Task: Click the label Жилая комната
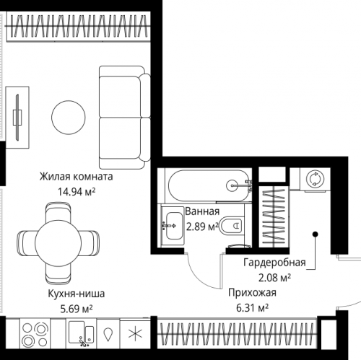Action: point(77,177)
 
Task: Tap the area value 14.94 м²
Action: point(77,192)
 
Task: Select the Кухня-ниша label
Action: point(77,294)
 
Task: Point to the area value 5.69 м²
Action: point(77,309)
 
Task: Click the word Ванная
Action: point(202,211)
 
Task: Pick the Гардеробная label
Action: point(274,263)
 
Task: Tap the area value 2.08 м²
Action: point(274,278)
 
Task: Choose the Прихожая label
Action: point(252,293)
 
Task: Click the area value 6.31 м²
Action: point(252,308)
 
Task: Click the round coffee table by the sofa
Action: point(69,118)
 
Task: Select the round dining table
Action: point(58,242)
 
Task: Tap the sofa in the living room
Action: point(125,118)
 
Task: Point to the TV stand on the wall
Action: point(17,118)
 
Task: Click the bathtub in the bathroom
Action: point(209,185)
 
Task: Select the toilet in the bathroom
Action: point(231,226)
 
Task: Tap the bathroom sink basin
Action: point(173,226)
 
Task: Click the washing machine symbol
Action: point(315,179)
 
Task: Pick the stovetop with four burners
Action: point(35,333)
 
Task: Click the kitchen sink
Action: point(81,333)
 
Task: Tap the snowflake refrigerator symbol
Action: point(135,333)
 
